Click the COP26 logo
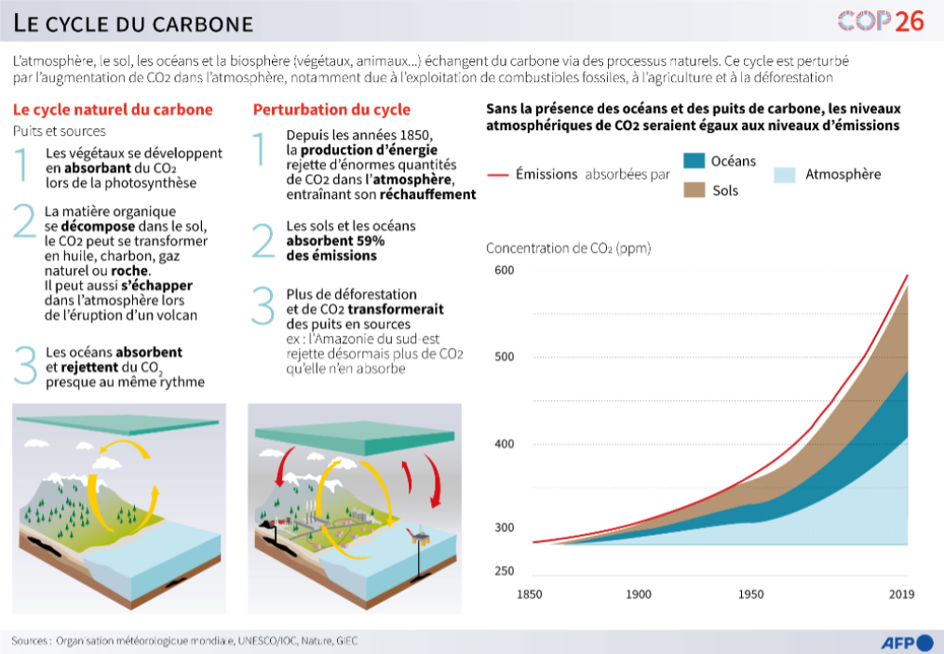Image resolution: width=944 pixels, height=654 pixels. (880, 20)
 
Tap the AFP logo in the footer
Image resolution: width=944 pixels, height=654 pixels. (907, 641)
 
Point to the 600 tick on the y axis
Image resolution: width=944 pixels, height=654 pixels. (504, 270)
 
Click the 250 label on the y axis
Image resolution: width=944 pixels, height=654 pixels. (504, 570)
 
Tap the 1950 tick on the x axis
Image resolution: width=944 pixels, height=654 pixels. (750, 594)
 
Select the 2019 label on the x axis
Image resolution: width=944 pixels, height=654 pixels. (901, 594)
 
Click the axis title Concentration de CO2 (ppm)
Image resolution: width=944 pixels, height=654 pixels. (568, 248)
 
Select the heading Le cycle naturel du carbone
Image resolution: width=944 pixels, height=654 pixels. (113, 110)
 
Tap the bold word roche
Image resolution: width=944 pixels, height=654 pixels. (129, 272)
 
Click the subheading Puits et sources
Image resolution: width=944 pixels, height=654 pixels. (60, 131)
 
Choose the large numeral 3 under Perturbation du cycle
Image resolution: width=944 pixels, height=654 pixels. (264, 307)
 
